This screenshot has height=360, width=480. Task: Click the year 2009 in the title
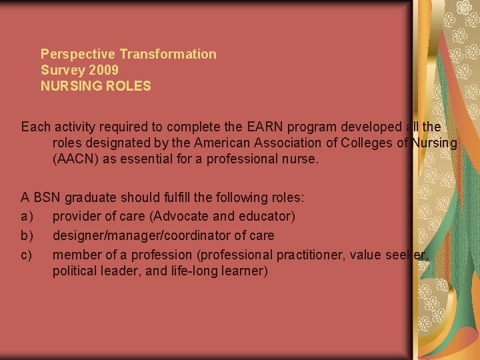point(104,70)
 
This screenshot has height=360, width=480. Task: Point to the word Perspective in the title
point(78,54)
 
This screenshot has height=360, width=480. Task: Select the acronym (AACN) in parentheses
point(73,159)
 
